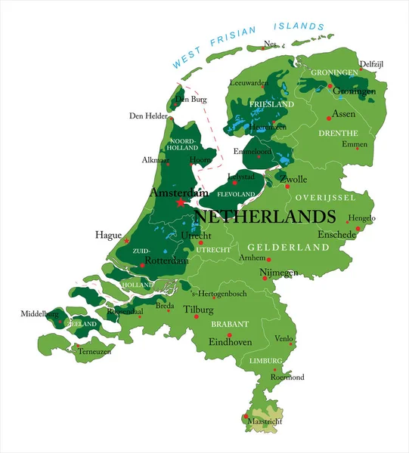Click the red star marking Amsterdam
180,202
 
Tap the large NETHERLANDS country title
265,216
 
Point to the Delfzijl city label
371,64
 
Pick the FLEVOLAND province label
236,194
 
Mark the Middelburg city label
39,313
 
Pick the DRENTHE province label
338,133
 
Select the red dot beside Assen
328,117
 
